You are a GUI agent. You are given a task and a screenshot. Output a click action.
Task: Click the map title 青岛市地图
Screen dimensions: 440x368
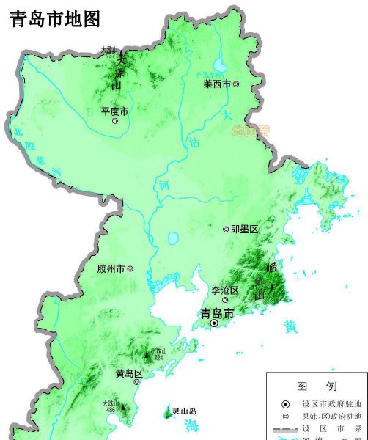[54, 18]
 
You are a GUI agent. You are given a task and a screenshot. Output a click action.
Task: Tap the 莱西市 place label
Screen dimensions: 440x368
[217, 84]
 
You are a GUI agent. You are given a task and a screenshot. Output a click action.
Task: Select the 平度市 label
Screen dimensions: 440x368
[114, 111]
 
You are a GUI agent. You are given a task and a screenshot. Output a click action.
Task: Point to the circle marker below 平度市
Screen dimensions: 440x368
[115, 122]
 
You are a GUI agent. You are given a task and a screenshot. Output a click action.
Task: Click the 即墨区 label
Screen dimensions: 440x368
[245, 230]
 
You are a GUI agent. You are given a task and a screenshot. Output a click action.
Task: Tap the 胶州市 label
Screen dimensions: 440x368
[111, 269]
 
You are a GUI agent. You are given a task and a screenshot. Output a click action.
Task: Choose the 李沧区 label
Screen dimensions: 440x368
[224, 291]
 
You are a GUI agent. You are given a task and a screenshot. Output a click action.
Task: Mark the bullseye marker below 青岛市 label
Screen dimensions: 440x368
[214, 323]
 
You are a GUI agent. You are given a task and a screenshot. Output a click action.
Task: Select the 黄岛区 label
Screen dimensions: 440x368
[128, 373]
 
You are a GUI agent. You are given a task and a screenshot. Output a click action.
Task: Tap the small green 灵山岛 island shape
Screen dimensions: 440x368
[167, 414]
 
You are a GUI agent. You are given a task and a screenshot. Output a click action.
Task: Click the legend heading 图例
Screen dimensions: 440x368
[317, 386]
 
